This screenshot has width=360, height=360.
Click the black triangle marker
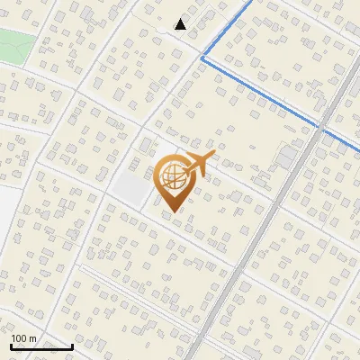pyautogui.click(x=181, y=24)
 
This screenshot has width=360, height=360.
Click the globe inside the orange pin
pyautogui.click(x=172, y=175)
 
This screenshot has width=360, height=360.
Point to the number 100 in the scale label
pyautogui.click(x=20, y=338)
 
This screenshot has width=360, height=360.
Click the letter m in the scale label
pyautogui.click(x=33, y=338)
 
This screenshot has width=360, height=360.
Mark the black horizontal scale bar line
pyautogui.click(x=41, y=346)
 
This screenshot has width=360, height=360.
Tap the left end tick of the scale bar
pyautogui.click(x=12, y=345)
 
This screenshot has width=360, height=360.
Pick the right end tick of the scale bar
pyautogui.click(x=72, y=345)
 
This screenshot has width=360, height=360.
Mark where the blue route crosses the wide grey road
pyautogui.click(x=320, y=130)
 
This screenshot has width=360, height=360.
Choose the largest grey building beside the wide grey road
pyautogui.click(x=286, y=157)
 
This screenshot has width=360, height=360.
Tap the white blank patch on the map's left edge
pyautogui.click(x=4, y=216)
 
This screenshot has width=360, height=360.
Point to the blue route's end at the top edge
pyautogui.click(x=249, y=3)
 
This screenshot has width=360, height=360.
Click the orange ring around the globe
pyautogui.click(x=159, y=175)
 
